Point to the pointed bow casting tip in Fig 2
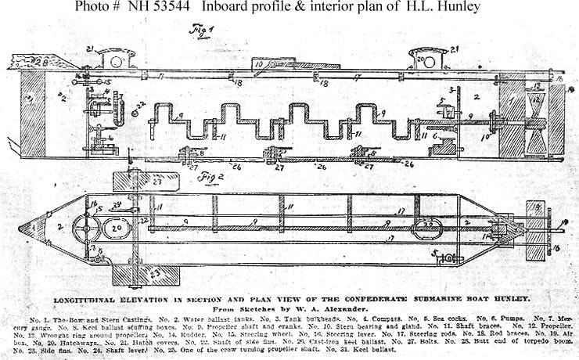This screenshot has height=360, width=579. click(23, 229)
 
